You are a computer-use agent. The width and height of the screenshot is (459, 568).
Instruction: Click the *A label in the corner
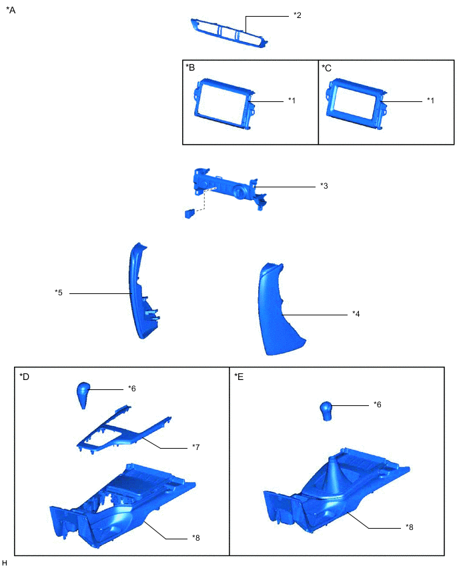click(11, 10)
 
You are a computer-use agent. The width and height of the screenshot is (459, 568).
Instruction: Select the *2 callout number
click(298, 15)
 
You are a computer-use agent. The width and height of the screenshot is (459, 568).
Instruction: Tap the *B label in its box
click(190, 67)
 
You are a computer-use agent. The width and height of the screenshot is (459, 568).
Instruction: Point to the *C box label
click(327, 68)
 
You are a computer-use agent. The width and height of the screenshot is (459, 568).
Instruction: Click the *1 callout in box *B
click(292, 101)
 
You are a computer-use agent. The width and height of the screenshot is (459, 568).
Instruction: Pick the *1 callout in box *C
click(430, 101)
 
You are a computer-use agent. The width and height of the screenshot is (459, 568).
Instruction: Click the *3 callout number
click(324, 186)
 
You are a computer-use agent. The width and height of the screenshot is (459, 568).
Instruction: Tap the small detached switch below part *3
click(190, 213)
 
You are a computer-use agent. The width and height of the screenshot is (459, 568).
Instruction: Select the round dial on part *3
click(240, 191)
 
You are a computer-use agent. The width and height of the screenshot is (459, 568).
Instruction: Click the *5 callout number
click(59, 292)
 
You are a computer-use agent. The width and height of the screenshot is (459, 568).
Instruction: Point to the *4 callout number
click(356, 314)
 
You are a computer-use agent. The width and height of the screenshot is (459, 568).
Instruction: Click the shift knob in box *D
click(83, 395)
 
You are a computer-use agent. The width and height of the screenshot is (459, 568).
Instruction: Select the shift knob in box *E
click(327, 411)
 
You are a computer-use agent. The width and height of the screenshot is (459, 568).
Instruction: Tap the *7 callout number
click(195, 447)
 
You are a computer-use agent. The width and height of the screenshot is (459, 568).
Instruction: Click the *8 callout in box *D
click(195, 538)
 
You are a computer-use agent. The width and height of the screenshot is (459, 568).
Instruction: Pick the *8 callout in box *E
click(410, 527)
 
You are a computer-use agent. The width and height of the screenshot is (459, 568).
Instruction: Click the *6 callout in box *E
click(378, 404)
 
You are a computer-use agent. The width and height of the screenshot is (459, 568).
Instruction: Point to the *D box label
click(24, 377)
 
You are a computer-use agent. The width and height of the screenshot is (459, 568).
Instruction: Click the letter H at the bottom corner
click(5, 563)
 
